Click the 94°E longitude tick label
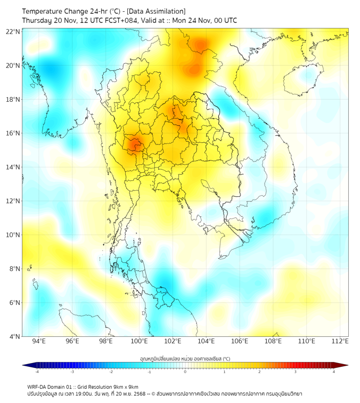click(x=39, y=341)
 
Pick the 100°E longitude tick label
click(x=140, y=341)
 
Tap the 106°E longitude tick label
click(x=240, y=341)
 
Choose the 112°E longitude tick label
click(x=340, y=341)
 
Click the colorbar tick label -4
click(x=37, y=372)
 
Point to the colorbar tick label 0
click(x=185, y=372)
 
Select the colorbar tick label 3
click(x=296, y=372)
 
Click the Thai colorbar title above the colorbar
click(x=185, y=358)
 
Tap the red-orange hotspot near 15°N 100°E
click(x=134, y=143)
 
